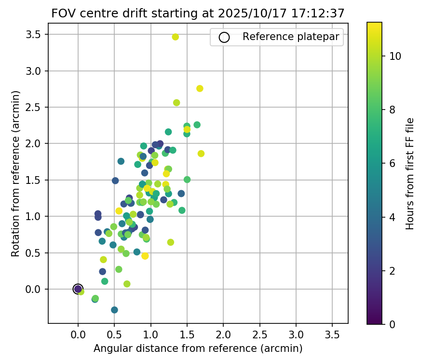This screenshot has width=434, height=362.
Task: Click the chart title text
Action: pyautogui.click(x=198, y=14)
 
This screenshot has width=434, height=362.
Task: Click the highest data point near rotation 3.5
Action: pyautogui.click(x=175, y=37)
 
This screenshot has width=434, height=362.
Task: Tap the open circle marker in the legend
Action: pyautogui.click(x=223, y=37)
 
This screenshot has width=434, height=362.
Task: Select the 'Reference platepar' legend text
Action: pyautogui.click(x=291, y=37)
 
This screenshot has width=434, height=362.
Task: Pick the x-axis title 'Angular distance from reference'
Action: pyautogui.click(x=198, y=348)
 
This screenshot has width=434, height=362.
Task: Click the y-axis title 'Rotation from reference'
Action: pyautogui.click(x=16, y=173)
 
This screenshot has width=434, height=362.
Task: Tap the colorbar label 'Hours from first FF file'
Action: pyautogui.click(x=410, y=173)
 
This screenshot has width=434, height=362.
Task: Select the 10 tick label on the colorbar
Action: pyautogui.click(x=394, y=56)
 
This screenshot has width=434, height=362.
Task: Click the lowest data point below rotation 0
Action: pyautogui.click(x=114, y=310)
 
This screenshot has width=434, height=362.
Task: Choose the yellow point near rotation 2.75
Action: pyautogui.click(x=200, y=88)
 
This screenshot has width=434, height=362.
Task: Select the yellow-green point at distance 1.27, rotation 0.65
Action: pyautogui.click(x=170, y=242)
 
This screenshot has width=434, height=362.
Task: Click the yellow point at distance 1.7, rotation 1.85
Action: pyautogui.click(x=201, y=153)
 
